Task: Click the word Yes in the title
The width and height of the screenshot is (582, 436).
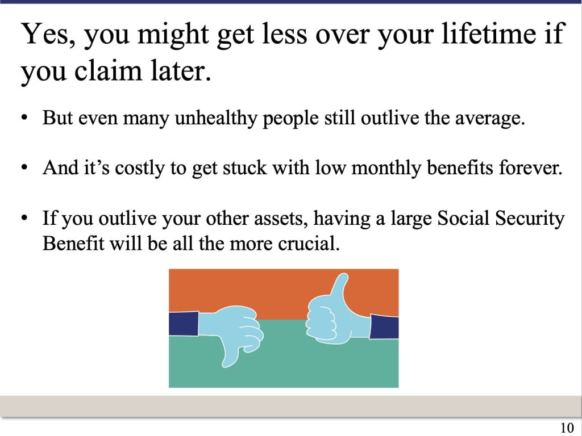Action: pyautogui.click(x=48, y=34)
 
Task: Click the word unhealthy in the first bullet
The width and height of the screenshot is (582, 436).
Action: pyautogui.click(x=215, y=119)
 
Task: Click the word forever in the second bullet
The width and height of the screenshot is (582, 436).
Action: pyautogui.click(x=530, y=167)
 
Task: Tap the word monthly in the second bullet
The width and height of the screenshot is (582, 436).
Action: pyautogui.click(x=386, y=168)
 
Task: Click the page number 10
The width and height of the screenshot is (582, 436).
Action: pyautogui.click(x=567, y=427)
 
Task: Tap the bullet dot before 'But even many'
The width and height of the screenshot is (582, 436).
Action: pyautogui.click(x=24, y=119)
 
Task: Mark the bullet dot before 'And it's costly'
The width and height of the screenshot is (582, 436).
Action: pyautogui.click(x=24, y=168)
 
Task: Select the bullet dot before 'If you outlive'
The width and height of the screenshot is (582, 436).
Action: pyautogui.click(x=24, y=218)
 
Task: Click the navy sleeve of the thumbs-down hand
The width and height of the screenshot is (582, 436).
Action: pyautogui.click(x=184, y=324)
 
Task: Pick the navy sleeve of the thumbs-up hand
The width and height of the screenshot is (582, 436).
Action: pyautogui.click(x=384, y=326)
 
